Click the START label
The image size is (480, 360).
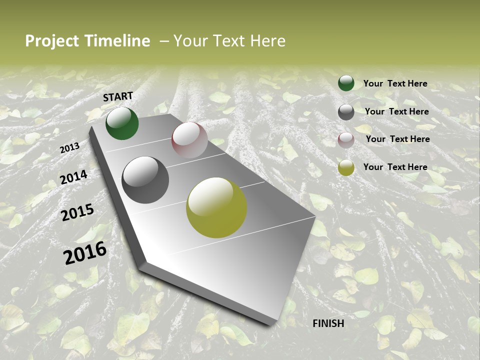point(118,96)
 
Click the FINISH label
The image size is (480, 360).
point(328,323)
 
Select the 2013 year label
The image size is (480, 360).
point(69,147)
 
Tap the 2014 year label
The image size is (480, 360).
point(74,177)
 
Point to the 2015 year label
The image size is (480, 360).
point(77,212)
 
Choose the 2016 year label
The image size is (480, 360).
point(85,253)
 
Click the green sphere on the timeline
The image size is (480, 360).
point(122,123)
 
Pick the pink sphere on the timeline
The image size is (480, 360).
point(189,140)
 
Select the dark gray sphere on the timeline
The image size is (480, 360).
point(145,180)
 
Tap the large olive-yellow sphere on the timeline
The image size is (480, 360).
point(216,207)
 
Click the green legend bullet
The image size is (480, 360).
point(346,83)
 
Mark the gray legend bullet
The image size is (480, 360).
point(346,112)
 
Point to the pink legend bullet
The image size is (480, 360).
point(346,140)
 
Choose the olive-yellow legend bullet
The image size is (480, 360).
point(346,167)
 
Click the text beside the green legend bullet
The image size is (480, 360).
point(395,84)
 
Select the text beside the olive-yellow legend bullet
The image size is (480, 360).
point(395,167)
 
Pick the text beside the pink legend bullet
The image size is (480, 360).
point(397,139)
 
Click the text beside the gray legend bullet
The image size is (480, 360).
point(396,111)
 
